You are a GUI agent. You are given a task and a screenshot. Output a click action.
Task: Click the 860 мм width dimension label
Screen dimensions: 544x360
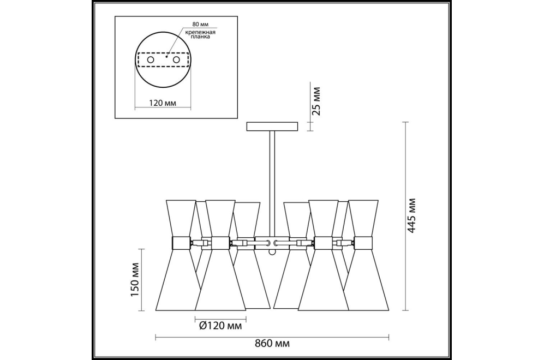click(272, 344)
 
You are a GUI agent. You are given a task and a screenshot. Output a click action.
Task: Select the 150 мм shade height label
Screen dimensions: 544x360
click(135, 279)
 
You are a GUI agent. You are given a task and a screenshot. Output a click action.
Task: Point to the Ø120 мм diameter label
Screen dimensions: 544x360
click(220, 326)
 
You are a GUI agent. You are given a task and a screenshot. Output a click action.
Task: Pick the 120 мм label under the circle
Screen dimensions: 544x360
click(163, 103)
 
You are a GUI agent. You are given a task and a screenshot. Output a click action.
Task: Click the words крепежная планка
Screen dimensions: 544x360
click(200, 34)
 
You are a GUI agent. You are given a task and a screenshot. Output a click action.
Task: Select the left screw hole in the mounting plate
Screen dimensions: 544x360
click(151, 59)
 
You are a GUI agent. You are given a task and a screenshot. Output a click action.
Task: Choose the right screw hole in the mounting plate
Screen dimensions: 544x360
click(176, 59)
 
